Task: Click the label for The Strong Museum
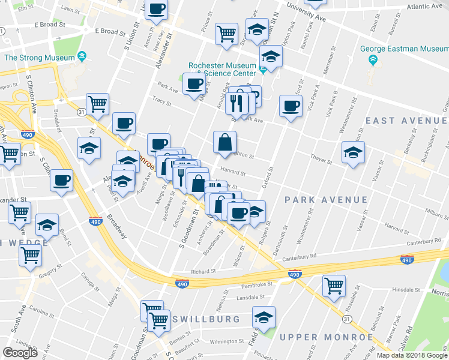(38, 58)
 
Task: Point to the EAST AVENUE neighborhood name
(406, 121)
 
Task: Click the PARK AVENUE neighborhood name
(325, 199)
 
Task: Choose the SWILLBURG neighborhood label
(206, 319)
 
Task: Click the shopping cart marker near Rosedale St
(334, 286)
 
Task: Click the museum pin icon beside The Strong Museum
(82, 58)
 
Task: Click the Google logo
(20, 353)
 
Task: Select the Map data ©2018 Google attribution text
(412, 355)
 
